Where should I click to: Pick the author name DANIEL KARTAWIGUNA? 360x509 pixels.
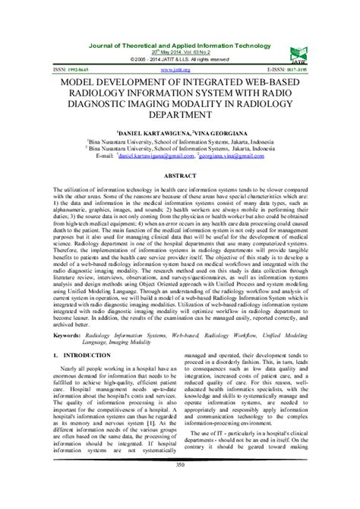[144, 131]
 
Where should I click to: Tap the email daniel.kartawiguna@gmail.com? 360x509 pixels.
[163, 156]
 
